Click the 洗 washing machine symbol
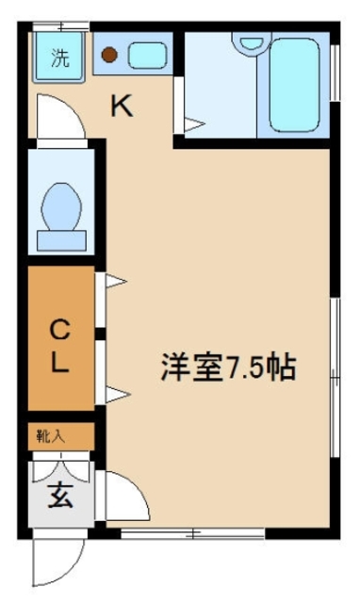59,58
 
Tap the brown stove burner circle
109,56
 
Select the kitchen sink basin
146,56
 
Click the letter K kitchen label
122,106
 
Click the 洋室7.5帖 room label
227,366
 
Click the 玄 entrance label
60,494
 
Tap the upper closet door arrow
114,280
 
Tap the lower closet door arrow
114,395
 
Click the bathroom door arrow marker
193,123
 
